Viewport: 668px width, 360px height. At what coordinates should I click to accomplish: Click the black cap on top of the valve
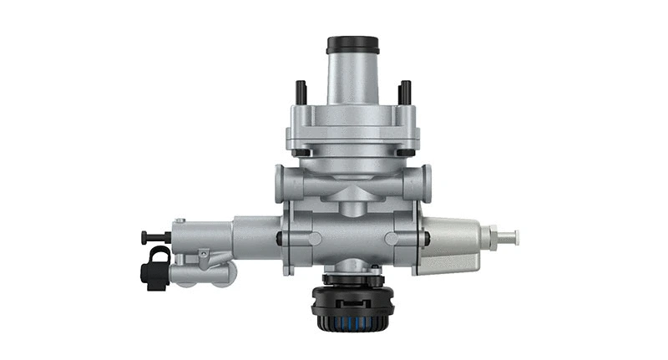353,44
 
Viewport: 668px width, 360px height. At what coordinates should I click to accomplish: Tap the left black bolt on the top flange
301,92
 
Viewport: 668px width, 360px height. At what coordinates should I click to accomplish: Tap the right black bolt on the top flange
405,92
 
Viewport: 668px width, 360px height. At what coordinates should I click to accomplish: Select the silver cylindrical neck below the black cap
353,79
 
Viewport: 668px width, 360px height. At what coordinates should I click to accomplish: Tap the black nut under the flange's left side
301,154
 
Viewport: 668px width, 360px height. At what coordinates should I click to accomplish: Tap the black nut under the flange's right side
405,154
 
